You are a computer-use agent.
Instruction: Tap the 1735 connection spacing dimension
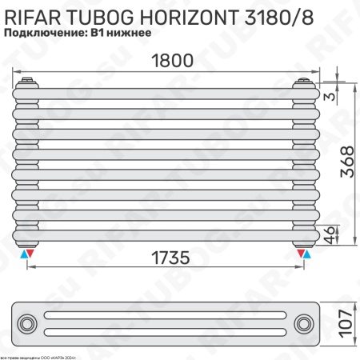166,258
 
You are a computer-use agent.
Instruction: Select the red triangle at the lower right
302,254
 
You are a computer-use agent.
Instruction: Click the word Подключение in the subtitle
45,34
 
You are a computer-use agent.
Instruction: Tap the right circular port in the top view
304,323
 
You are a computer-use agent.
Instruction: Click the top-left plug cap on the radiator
30,81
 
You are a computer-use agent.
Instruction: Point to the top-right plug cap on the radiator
305,81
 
